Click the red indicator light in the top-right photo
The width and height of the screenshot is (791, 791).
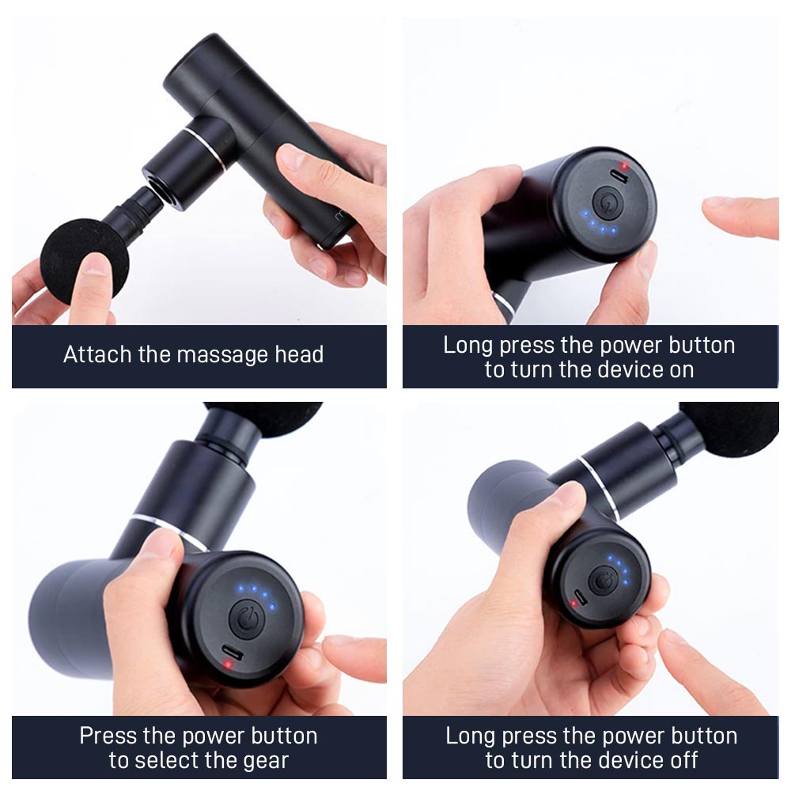[x=625, y=165]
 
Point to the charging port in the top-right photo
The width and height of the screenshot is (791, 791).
[x=619, y=176]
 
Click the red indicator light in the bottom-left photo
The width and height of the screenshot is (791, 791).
[x=228, y=664]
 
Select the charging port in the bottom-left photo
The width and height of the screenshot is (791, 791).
[x=233, y=653]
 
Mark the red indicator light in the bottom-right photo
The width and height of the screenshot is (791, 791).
[x=573, y=603]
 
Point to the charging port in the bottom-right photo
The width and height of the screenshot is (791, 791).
[x=581, y=596]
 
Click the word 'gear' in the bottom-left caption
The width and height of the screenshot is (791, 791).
[x=265, y=761]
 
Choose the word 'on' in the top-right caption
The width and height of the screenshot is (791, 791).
[x=682, y=370]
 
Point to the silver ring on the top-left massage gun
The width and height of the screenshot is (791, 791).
[x=204, y=149]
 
